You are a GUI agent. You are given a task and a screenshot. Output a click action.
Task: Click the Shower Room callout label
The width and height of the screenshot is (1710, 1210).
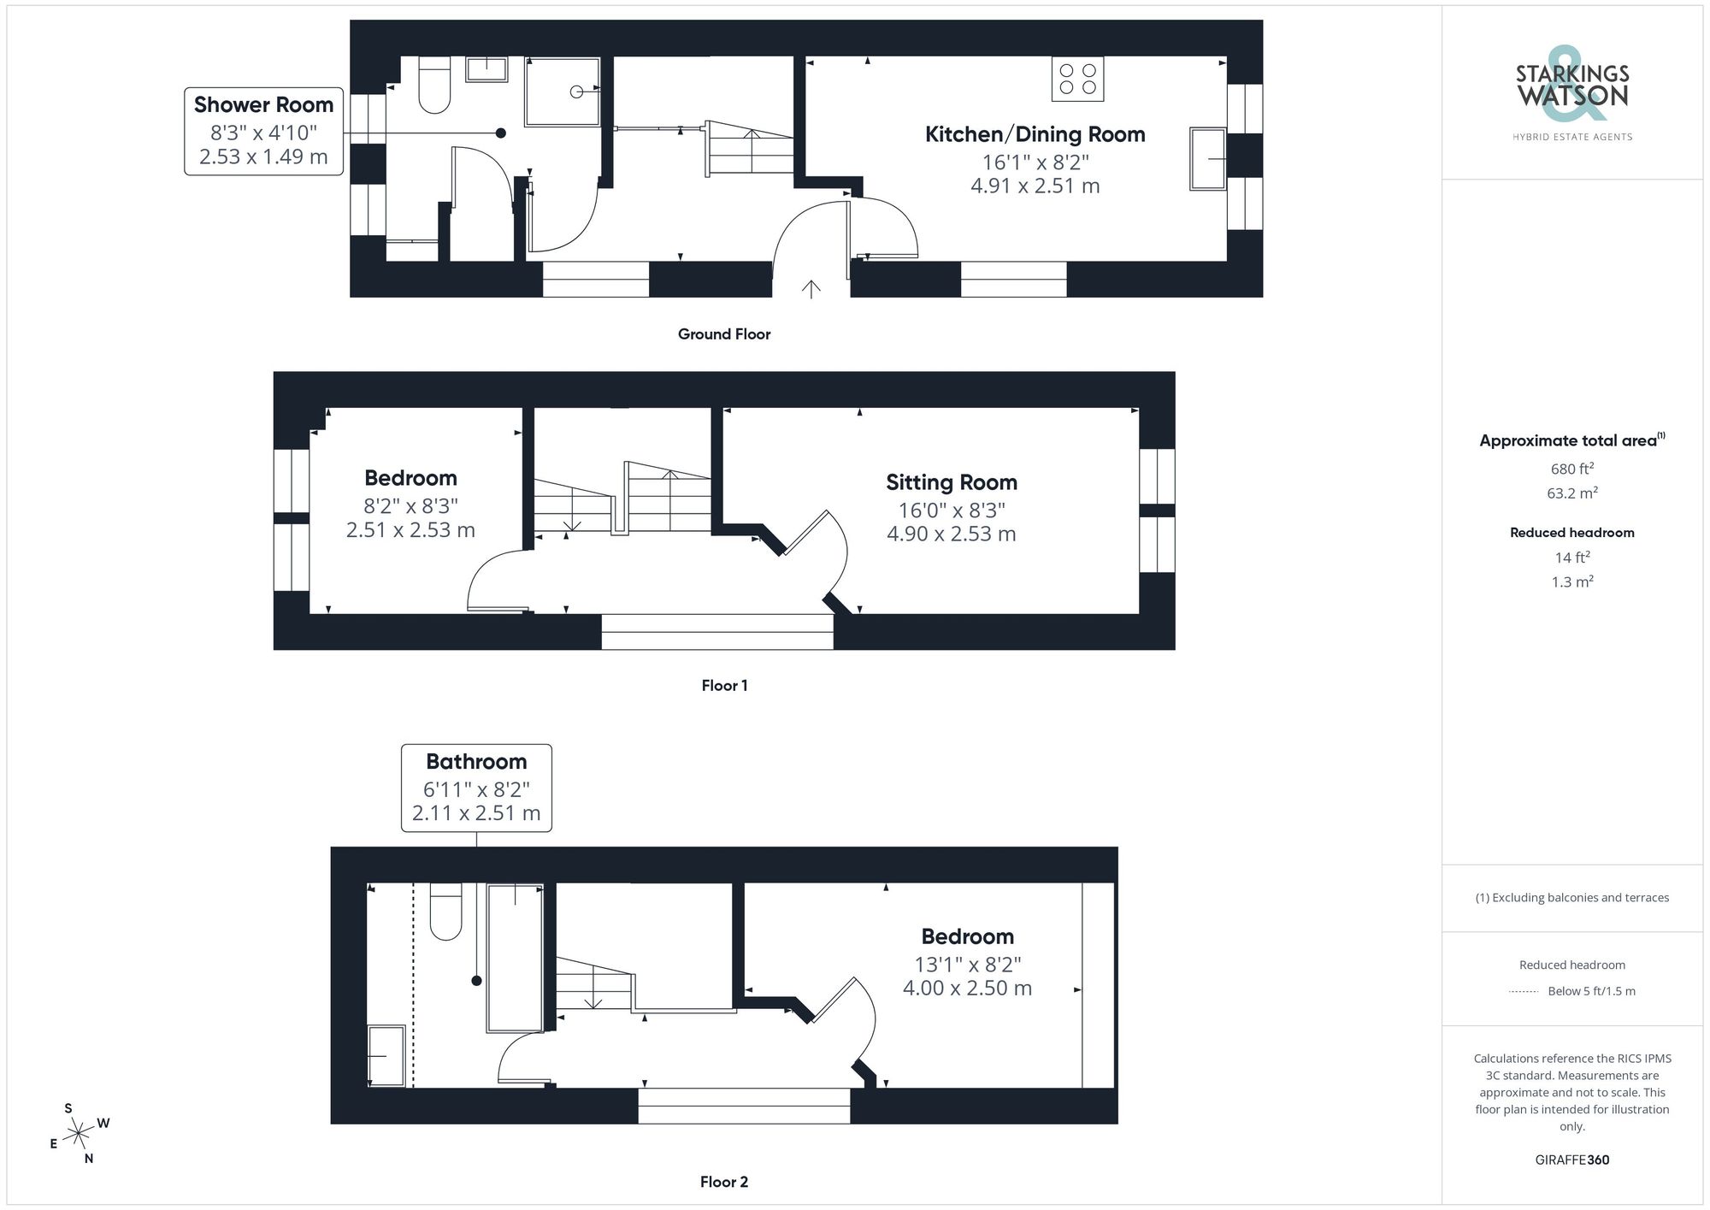tap(263, 105)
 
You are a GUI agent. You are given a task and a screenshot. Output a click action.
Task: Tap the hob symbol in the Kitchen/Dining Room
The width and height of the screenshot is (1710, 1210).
tap(1077, 79)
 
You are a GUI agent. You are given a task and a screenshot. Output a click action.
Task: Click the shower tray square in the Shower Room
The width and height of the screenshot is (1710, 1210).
tap(561, 91)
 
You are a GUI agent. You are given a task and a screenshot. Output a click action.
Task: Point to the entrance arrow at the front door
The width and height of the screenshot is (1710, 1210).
tap(811, 289)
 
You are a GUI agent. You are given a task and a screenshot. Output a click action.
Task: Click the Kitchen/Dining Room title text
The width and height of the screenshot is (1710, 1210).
tap(1035, 134)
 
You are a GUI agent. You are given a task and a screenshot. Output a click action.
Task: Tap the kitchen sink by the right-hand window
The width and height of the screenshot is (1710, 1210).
tap(1207, 159)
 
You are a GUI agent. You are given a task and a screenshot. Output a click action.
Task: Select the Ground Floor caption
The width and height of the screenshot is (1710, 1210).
tap(724, 334)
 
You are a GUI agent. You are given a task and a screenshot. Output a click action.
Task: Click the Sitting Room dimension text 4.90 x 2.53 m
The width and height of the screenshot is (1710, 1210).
tap(951, 534)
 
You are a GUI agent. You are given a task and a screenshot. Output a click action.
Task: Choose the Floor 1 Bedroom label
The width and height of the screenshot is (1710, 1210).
tap(410, 478)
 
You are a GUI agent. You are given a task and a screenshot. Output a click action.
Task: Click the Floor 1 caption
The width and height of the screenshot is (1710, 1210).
tap(724, 686)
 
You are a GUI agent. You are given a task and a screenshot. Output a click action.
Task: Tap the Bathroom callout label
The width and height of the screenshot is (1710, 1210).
tap(476, 762)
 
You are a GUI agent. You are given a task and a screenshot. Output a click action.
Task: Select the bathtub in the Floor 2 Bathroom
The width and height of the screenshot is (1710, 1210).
tap(515, 958)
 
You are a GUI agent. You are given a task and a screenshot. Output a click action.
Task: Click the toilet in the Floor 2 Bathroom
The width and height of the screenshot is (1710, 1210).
tap(445, 913)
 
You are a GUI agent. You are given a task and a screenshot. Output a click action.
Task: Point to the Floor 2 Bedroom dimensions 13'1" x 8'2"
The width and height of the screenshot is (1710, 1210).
tap(967, 965)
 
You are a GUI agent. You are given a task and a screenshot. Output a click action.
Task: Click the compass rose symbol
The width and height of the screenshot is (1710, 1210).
tap(79, 1134)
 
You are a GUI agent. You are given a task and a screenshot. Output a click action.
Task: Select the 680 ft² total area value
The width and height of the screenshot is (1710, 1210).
tap(1571, 469)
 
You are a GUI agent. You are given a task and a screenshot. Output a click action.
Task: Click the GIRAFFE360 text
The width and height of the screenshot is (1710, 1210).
tap(1571, 1160)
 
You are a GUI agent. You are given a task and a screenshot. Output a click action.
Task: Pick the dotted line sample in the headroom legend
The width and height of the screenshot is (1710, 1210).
tap(1524, 992)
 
